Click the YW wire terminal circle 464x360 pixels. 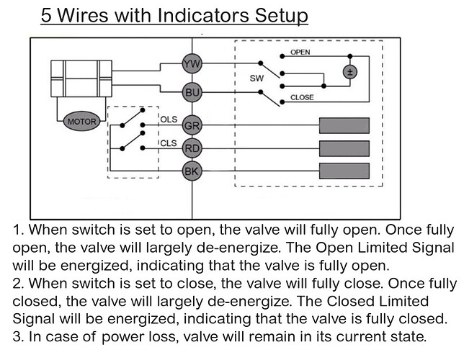[192, 65]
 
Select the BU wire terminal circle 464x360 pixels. [192, 93]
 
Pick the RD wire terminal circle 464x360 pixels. [192, 148]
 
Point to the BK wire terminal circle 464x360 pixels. [192, 172]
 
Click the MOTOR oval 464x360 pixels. [81, 122]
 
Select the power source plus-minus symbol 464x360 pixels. [349, 72]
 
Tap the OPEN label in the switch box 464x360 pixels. [300, 53]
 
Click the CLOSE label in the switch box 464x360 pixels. [301, 97]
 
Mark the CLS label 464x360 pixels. [168, 143]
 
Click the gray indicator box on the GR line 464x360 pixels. [344, 125]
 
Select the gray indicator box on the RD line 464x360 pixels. [344, 149]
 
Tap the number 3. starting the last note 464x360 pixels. [19, 336]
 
